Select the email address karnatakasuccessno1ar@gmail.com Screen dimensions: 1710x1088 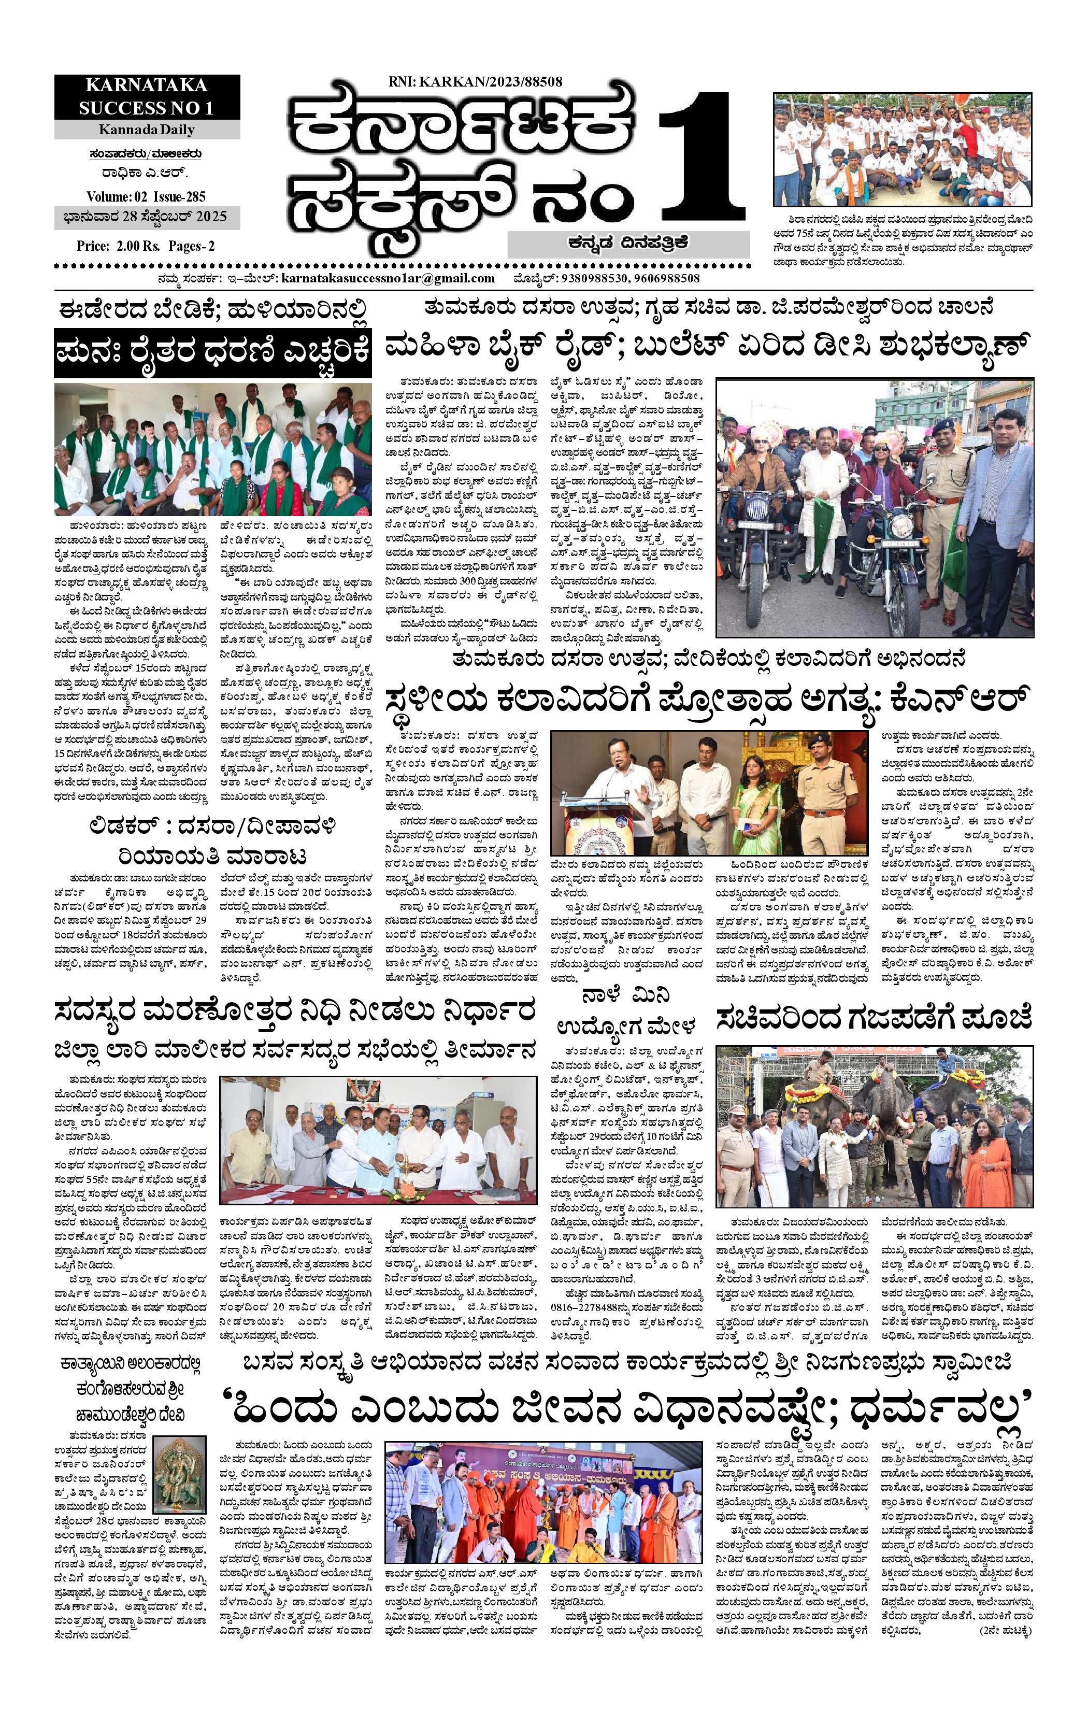388,278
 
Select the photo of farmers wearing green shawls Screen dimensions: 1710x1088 212,449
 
